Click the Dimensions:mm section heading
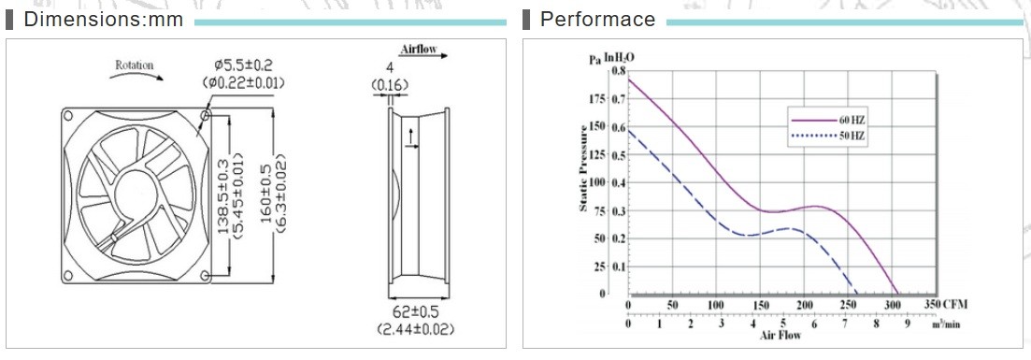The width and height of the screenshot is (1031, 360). [103, 19]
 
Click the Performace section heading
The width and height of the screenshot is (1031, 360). [597, 19]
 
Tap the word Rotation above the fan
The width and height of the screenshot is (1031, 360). [135, 65]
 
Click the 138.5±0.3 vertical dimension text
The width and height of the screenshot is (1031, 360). [222, 195]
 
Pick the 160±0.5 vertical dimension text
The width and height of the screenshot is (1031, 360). [266, 195]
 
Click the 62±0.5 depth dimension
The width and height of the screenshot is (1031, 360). [416, 312]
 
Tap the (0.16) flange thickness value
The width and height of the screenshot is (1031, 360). [390, 85]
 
